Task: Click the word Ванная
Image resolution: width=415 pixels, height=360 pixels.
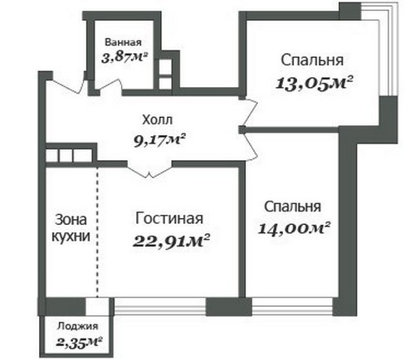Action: click(x=123, y=42)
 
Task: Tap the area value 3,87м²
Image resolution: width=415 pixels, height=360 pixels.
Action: click(x=124, y=58)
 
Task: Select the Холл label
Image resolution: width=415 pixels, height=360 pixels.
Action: click(x=158, y=120)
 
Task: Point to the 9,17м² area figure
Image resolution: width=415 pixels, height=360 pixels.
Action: click(x=159, y=140)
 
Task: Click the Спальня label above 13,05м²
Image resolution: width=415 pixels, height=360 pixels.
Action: click(x=312, y=61)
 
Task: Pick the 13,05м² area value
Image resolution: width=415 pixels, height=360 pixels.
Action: click(x=315, y=83)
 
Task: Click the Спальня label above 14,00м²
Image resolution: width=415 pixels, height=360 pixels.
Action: click(x=293, y=207)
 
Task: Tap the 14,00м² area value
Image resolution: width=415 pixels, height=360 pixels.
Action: click(x=295, y=228)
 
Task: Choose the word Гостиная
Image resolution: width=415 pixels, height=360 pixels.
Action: click(x=169, y=218)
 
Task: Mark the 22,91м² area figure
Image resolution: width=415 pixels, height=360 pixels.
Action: click(x=171, y=241)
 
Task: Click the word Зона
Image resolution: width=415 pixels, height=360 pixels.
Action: click(x=67, y=220)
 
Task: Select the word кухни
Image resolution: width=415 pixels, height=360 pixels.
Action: click(x=71, y=236)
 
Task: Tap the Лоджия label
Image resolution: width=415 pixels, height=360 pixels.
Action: click(x=77, y=326)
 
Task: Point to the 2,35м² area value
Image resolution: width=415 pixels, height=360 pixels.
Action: click(x=79, y=342)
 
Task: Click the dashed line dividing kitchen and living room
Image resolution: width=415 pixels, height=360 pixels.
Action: click(x=97, y=231)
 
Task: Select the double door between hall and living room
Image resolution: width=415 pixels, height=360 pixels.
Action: click(x=149, y=169)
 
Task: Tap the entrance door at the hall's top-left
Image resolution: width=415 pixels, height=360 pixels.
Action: click(x=68, y=85)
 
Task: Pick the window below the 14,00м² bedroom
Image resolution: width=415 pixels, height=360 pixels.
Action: click(x=292, y=306)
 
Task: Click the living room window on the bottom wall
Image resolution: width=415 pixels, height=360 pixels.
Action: click(x=160, y=306)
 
